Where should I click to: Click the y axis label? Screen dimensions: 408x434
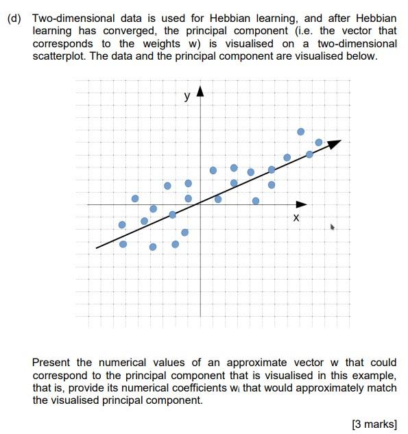point(187,97)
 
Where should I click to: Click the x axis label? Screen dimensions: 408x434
point(296,217)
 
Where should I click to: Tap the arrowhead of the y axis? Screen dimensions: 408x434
point(200,91)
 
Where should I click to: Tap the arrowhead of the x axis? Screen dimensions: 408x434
point(302,204)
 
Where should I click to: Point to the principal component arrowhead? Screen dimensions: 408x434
point(335,143)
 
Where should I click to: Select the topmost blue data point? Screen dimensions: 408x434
point(300,131)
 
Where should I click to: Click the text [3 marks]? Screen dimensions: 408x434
point(374,424)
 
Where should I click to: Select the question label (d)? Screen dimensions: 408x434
point(14,19)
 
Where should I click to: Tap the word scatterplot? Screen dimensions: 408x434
point(60,56)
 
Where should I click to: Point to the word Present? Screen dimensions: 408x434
point(51,362)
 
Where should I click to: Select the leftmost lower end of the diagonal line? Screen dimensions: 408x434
point(97,247)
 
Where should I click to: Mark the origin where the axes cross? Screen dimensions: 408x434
point(200,204)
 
